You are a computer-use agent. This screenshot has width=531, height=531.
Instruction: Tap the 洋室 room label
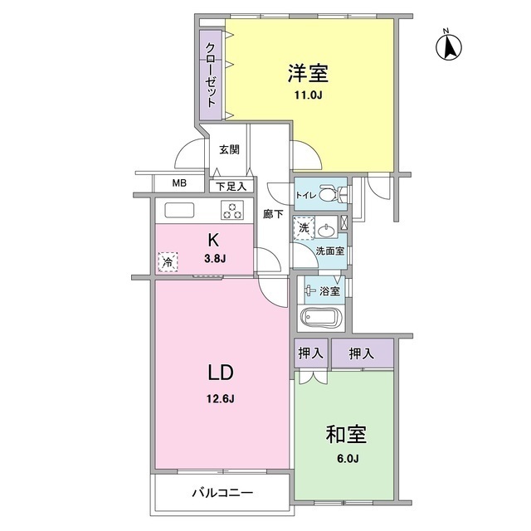(x=309, y=74)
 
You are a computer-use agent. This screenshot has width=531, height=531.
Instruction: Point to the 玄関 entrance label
(x=229, y=150)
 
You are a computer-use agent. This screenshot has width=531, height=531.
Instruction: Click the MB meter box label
(x=179, y=184)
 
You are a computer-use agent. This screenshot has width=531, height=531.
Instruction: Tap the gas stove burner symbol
(x=231, y=211)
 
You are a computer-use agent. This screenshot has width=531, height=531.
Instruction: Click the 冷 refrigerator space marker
(x=168, y=263)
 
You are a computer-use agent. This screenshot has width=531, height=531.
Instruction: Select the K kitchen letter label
(x=213, y=241)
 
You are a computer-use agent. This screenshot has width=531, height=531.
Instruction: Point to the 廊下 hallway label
(x=273, y=214)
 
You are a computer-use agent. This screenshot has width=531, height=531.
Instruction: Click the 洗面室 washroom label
(x=330, y=251)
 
